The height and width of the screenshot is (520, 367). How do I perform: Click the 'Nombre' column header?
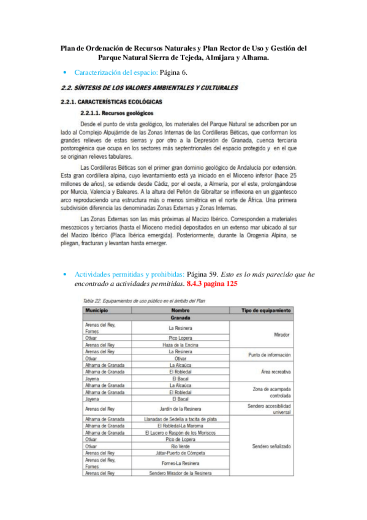pyautogui.click(x=180, y=312)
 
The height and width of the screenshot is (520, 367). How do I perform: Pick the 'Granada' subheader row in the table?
pyautogui.click(x=180, y=319)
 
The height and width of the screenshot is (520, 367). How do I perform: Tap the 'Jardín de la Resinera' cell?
pyautogui.click(x=180, y=408)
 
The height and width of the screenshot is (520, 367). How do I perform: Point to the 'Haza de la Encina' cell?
pyautogui.click(x=180, y=345)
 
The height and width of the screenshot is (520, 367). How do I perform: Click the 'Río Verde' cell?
pyautogui.click(x=180, y=447)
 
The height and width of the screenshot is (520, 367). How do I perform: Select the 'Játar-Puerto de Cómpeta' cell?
pyautogui.click(x=180, y=454)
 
